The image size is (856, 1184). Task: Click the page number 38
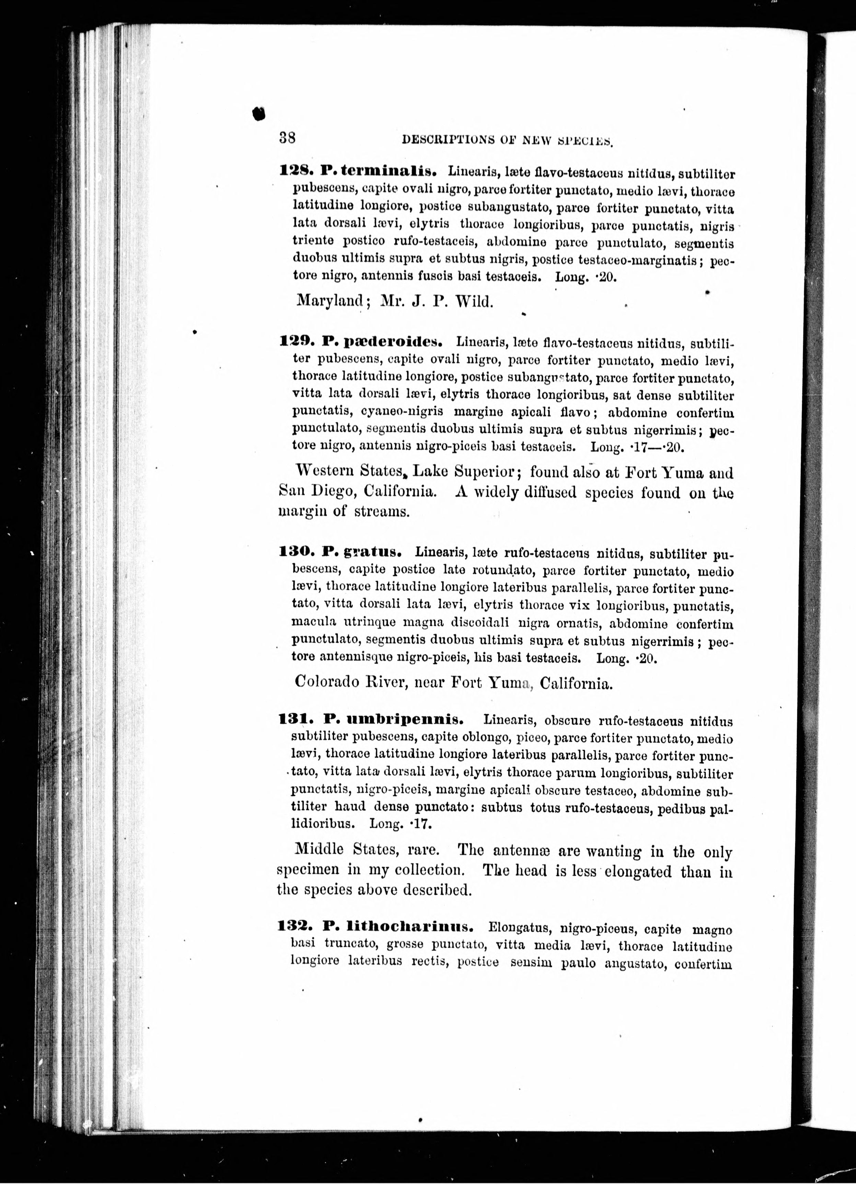point(288,138)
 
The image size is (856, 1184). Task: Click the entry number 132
point(296,927)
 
